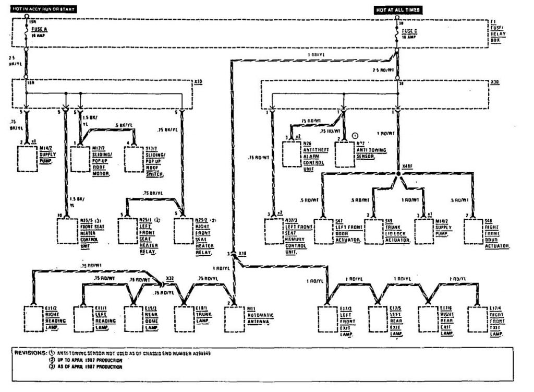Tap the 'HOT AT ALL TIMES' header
click(398, 10)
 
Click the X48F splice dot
click(397, 172)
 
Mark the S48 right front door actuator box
click(473, 231)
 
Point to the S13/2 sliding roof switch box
click(134, 159)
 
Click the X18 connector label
click(241, 253)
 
